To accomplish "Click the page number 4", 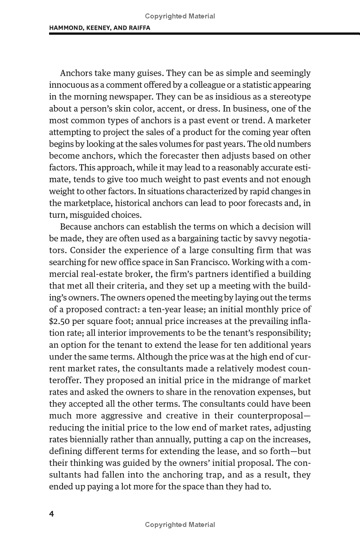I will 52,514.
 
